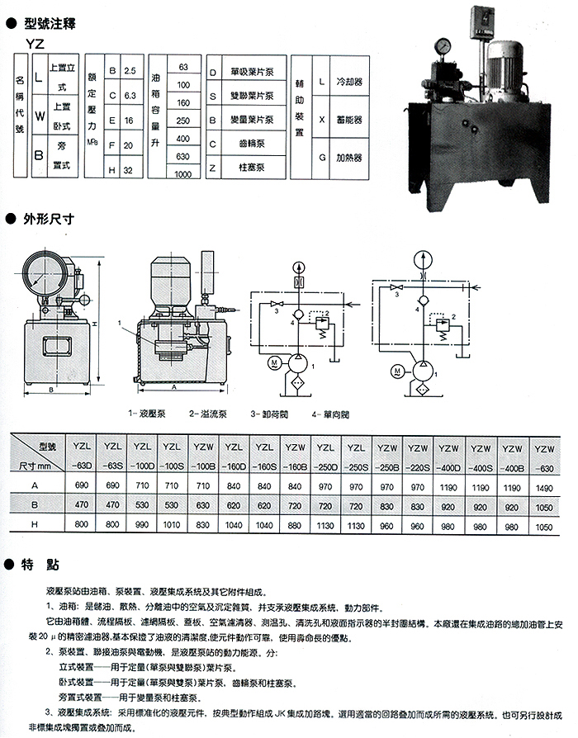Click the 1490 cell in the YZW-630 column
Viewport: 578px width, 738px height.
542,488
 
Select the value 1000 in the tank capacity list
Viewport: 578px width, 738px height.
183,174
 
